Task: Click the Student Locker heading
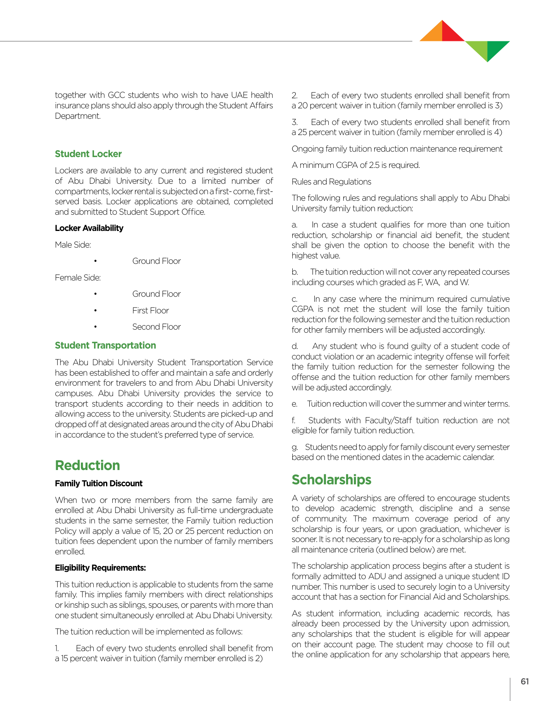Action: [88, 154]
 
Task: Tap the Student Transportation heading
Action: [105, 345]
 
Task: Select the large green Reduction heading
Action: [87, 465]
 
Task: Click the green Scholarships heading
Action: [331, 480]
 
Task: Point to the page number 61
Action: [525, 682]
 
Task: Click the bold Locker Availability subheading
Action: [89, 228]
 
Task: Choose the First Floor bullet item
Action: [151, 311]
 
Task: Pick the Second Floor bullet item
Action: [156, 327]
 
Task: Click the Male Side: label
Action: [73, 245]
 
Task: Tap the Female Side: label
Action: [78, 278]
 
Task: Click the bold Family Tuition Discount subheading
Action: [99, 484]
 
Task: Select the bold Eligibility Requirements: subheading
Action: [100, 568]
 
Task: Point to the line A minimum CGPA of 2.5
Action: [356, 165]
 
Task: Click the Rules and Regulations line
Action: [331, 182]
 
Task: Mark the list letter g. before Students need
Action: [295, 447]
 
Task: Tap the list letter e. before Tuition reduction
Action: [295, 404]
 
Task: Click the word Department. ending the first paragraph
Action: [77, 116]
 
